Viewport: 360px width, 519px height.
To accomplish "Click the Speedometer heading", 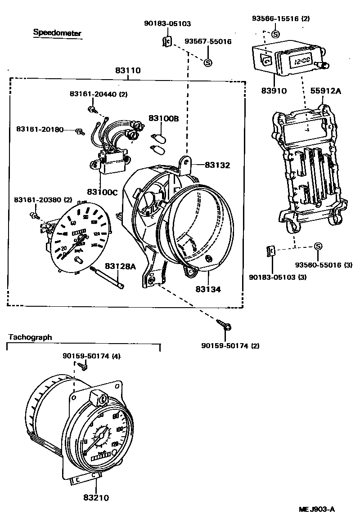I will pyautogui.click(x=57, y=33).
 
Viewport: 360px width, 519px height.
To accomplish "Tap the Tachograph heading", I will pyautogui.click(x=30, y=337).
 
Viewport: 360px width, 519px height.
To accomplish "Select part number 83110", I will pyautogui.click(x=128, y=71).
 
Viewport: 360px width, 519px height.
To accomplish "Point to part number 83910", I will pyautogui.click(x=274, y=90).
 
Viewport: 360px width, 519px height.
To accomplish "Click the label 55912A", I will pyautogui.click(x=326, y=90).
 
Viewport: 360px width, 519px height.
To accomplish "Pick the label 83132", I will pyautogui.click(x=217, y=166).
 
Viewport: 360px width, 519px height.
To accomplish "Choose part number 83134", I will pyautogui.click(x=208, y=289).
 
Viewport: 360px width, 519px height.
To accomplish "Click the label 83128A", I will pyautogui.click(x=120, y=266).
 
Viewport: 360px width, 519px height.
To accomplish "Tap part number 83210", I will pyautogui.click(x=96, y=498).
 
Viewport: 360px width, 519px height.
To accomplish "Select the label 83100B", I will pyautogui.click(x=164, y=119).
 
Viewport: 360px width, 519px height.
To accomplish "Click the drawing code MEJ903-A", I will pyautogui.click(x=317, y=509).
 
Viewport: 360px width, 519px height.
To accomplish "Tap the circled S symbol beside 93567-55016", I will pyautogui.click(x=208, y=63).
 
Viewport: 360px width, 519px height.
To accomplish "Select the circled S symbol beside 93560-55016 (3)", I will pyautogui.click(x=318, y=246).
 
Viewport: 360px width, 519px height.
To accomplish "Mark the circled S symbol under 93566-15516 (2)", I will pyautogui.click(x=275, y=34).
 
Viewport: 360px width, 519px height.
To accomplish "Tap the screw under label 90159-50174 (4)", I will pyautogui.click(x=84, y=367).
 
